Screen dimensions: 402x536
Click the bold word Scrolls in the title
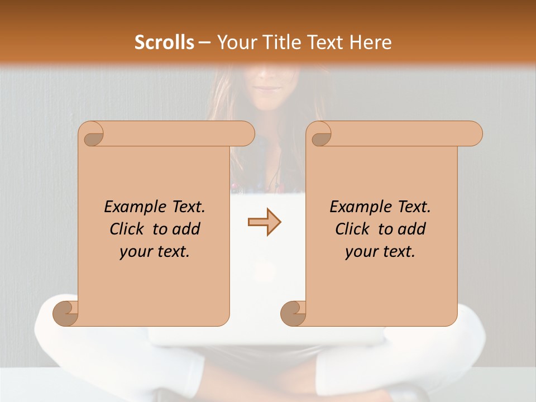tap(165, 42)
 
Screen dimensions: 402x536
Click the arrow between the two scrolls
tap(264, 222)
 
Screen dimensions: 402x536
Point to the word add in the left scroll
tap(186, 229)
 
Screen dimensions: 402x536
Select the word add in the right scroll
tap(412, 229)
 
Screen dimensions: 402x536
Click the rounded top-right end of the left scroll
tap(246, 133)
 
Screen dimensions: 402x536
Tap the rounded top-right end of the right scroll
tap(473, 133)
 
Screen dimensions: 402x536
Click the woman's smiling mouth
tap(269, 88)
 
